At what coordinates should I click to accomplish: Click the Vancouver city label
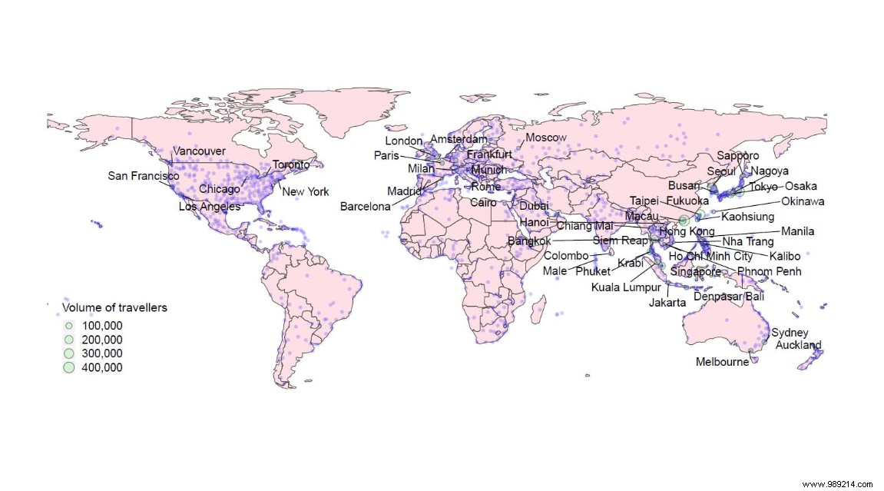[x=199, y=151]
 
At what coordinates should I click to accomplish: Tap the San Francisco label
[x=144, y=176]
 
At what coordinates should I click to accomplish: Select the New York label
[x=305, y=191]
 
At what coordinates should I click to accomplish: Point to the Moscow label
[x=546, y=138]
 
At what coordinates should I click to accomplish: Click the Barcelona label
[x=366, y=207]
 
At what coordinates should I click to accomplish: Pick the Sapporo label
[x=738, y=156]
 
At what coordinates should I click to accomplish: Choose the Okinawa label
[x=803, y=201]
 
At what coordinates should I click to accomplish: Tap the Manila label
[x=797, y=231]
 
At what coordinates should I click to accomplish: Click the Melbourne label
[x=722, y=362]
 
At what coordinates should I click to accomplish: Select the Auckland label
[x=798, y=345]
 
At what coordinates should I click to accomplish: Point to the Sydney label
[x=790, y=333]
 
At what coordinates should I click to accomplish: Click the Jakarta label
[x=667, y=303]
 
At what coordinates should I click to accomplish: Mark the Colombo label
[x=566, y=256]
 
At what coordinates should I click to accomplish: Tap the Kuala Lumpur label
[x=626, y=288]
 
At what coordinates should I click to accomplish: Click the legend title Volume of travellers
[x=114, y=308]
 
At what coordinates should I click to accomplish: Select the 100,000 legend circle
[x=68, y=325]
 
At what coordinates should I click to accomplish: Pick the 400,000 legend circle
[x=68, y=367]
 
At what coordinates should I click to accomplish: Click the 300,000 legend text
[x=101, y=353]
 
